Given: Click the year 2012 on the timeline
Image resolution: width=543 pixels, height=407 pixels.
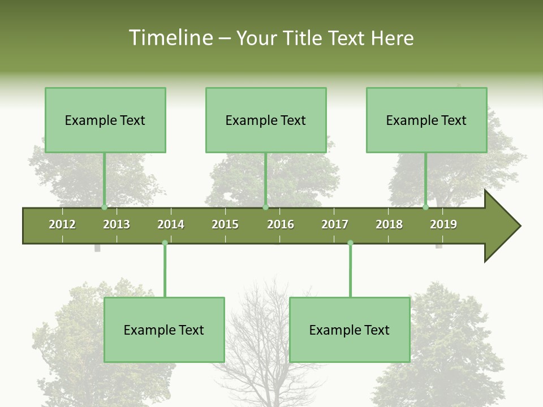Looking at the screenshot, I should (x=62, y=224).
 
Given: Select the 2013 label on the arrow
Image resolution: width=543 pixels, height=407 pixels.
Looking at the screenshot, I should (x=117, y=224).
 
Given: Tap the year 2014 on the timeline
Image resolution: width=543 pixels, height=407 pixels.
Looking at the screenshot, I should (x=171, y=224).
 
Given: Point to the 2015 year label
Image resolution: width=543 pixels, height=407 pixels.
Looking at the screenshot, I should (x=225, y=224).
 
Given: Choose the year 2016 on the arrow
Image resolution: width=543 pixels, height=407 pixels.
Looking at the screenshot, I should (x=281, y=224).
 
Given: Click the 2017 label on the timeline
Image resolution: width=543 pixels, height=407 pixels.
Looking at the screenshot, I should (x=335, y=224).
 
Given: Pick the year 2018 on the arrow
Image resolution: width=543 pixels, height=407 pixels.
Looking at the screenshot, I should (x=389, y=224).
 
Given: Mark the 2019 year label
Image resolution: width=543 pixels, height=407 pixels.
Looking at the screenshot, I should (x=443, y=224).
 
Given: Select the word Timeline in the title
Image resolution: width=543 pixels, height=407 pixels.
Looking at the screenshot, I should (x=170, y=38).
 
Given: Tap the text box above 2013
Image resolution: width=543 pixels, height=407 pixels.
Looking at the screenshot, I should (x=105, y=120).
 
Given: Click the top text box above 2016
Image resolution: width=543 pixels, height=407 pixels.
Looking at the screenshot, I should (x=266, y=120).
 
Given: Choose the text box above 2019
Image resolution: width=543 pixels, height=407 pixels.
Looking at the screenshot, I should (x=426, y=120).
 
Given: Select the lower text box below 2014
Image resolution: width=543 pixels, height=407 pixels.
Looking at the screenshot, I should (x=164, y=330).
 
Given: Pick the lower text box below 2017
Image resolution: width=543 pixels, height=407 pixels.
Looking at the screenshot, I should (x=350, y=330).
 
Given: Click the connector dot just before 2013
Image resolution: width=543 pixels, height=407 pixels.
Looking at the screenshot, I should (x=104, y=207).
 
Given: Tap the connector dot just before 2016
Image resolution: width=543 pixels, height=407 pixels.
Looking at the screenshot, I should (x=265, y=207).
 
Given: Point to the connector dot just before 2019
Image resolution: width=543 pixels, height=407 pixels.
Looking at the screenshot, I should (x=425, y=207).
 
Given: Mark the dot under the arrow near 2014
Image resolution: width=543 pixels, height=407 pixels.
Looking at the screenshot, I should (x=165, y=243).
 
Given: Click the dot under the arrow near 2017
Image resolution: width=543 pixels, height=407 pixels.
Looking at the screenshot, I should (x=350, y=243).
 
